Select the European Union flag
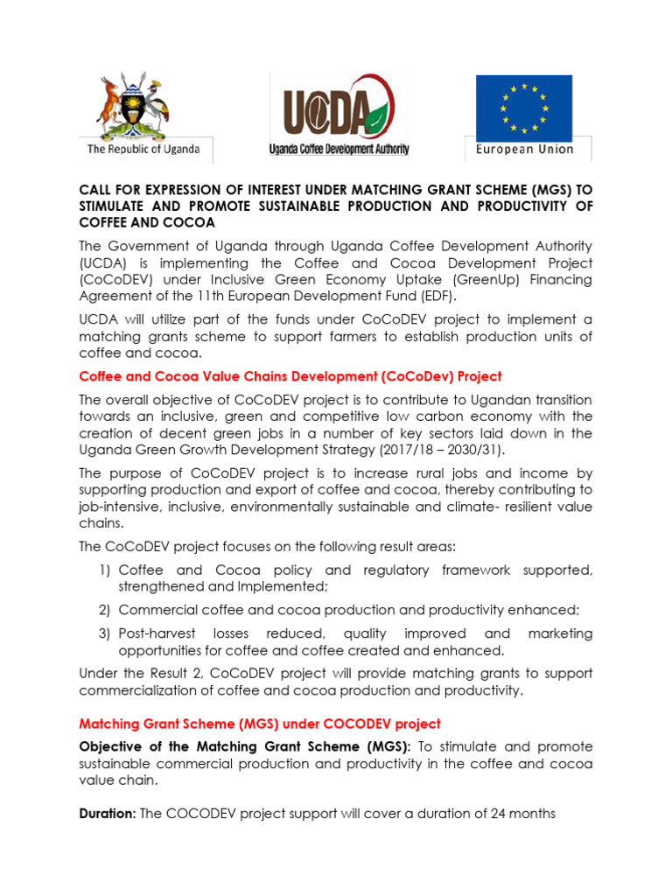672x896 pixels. tap(523, 108)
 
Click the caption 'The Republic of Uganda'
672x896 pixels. tap(143, 150)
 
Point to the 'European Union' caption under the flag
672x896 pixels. tap(525, 150)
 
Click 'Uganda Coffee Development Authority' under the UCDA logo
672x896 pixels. tap(339, 150)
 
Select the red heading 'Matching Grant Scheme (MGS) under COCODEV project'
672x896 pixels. tap(260, 724)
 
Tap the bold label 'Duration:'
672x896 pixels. tap(107, 814)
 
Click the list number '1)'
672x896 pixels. tap(106, 570)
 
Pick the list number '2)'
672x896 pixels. tap(106, 610)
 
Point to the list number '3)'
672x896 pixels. tap(106, 633)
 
